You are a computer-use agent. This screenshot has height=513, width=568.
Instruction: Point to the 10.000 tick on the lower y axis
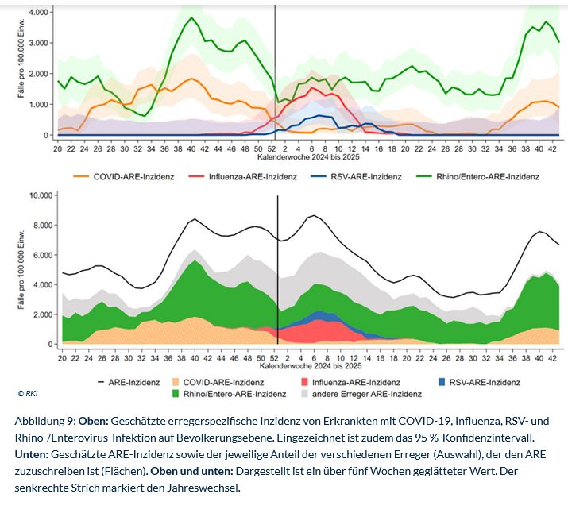click(x=40, y=195)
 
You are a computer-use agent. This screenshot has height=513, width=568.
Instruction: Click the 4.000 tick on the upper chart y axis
click(x=39, y=13)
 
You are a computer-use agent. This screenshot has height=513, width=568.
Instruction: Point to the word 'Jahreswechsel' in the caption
click(x=208, y=488)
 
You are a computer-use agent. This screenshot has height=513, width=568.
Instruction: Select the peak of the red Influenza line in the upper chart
click(x=313, y=88)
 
